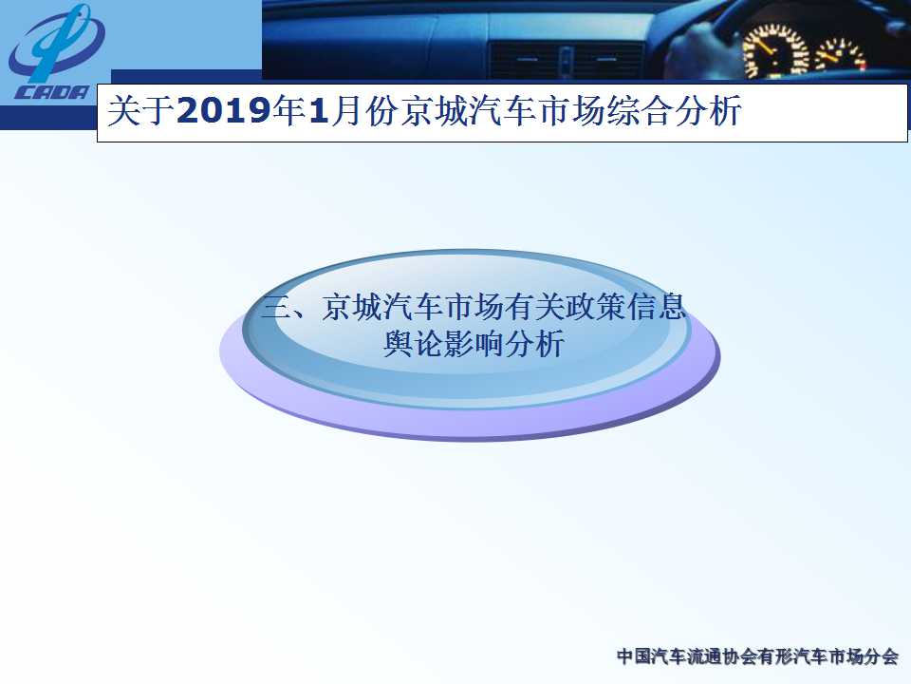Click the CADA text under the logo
52,92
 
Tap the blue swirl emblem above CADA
56,44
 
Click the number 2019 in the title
224,110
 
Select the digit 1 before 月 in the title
320,110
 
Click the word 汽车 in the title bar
503,110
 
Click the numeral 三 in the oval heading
276,307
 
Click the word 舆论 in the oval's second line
413,344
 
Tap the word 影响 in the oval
474,344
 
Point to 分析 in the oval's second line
534,344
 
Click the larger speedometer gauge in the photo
775,51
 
